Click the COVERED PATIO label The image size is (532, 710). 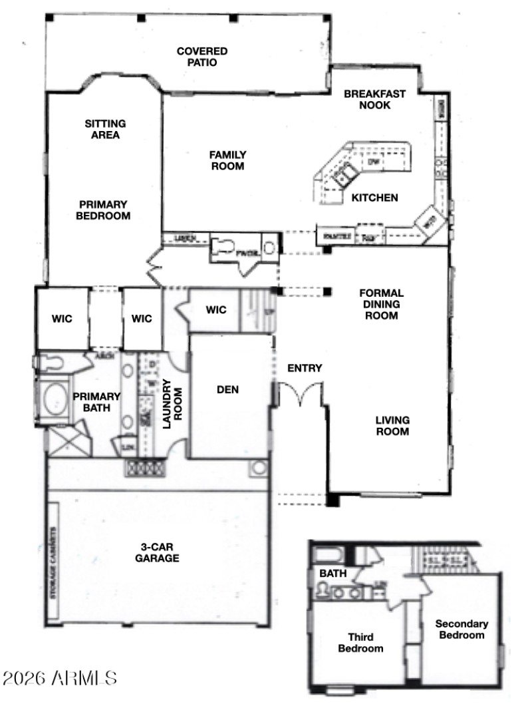tap(201, 57)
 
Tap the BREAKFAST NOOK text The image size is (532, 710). tap(374, 99)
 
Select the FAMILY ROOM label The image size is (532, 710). tap(228, 160)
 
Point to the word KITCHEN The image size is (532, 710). tap(374, 198)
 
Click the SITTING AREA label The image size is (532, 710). tap(106, 129)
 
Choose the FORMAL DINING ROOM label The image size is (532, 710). tap(381, 304)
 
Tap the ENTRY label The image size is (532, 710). tap(305, 368)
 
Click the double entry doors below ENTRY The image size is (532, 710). tap(300, 394)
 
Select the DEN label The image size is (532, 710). tap(227, 389)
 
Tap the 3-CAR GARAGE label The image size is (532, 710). tap(158, 552)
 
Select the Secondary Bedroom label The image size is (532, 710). tap(461, 629)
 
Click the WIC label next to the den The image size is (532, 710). tap(216, 309)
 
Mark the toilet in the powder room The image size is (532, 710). tap(223, 248)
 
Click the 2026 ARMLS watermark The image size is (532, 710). tap(60, 678)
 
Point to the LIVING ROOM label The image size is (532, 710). tap(392, 425)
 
